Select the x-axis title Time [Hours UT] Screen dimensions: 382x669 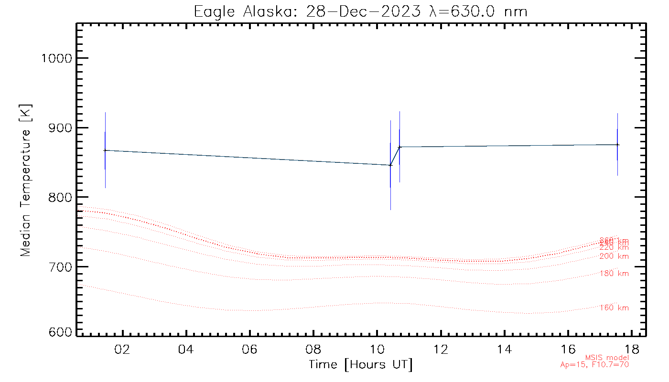[360, 364]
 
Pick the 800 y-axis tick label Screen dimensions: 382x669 [60, 197]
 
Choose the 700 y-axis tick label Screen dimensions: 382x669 [60, 266]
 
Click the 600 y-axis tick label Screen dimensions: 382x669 [60, 332]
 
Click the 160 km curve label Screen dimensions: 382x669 [614, 308]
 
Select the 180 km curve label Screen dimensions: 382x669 [614, 274]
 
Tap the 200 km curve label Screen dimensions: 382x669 [614, 256]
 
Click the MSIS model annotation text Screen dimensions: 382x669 [607, 358]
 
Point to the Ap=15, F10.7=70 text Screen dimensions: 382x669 [594, 365]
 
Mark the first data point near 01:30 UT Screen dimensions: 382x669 [105, 150]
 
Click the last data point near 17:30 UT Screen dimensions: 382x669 [617, 145]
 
